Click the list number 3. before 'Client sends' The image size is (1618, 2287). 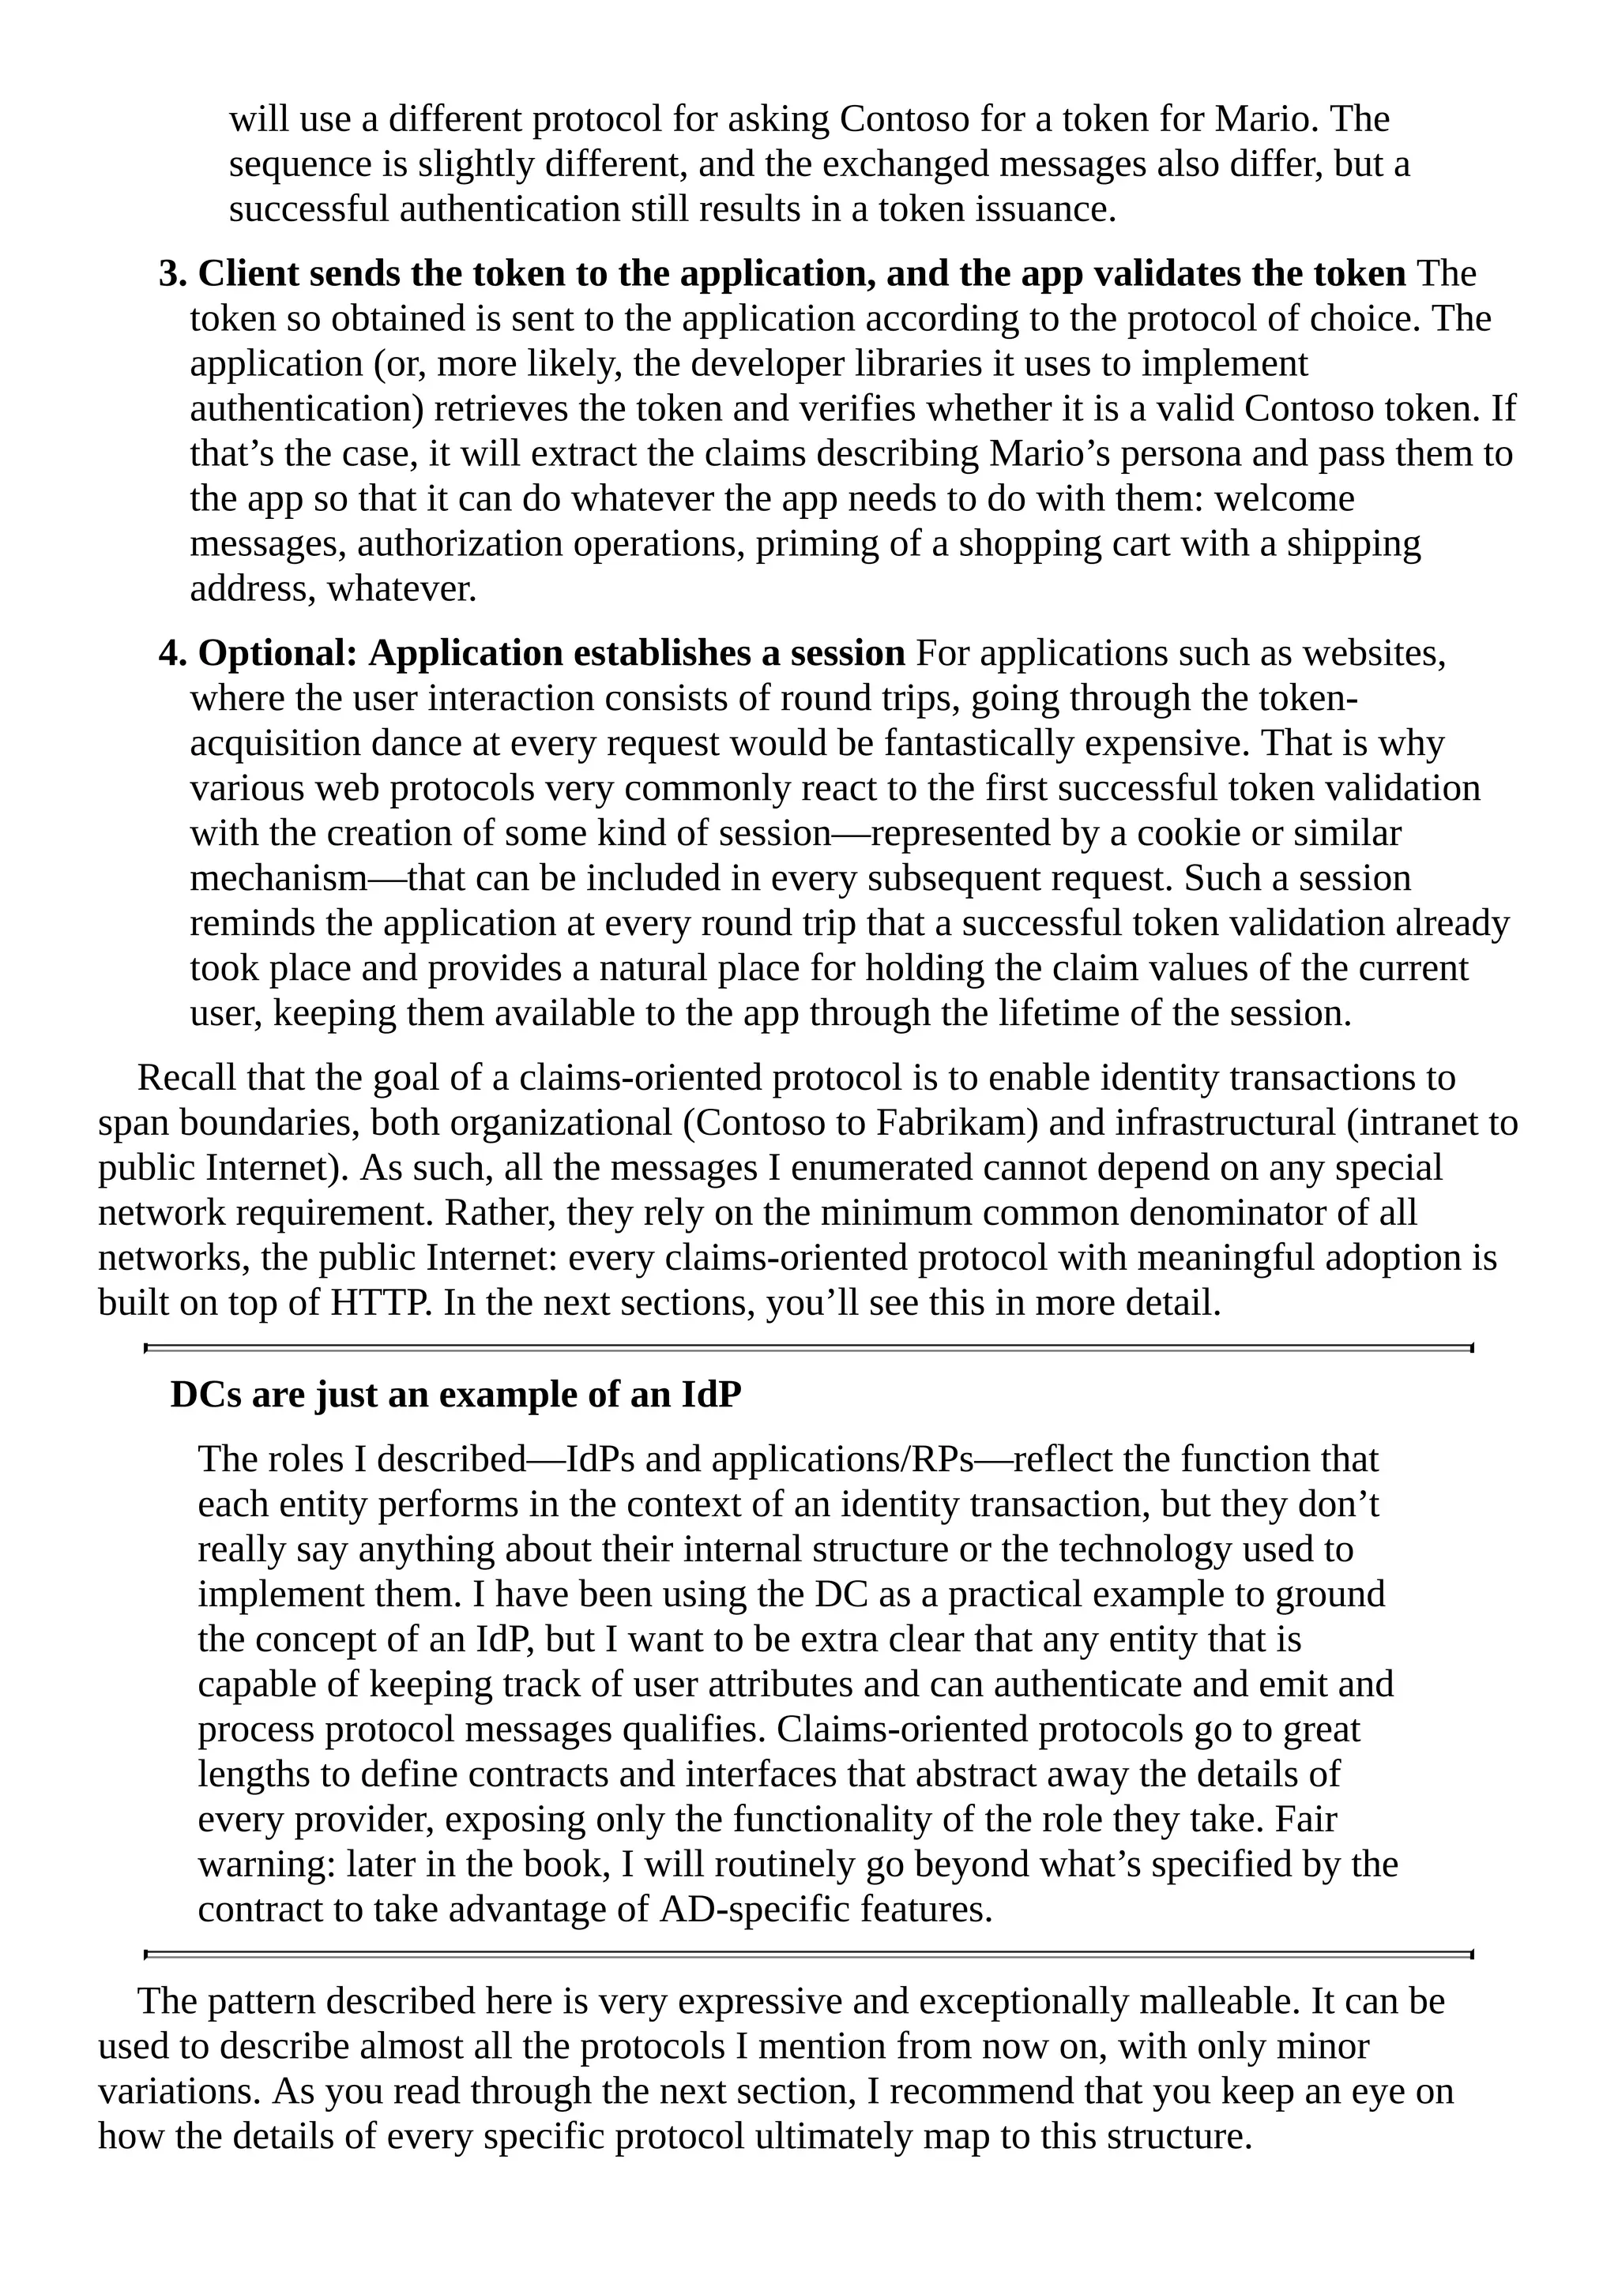[172, 274]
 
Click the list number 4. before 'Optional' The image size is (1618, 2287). [172, 653]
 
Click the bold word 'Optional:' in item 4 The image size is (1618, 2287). [278, 653]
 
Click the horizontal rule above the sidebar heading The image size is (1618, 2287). [808, 1348]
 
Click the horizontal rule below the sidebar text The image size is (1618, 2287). [808, 1955]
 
